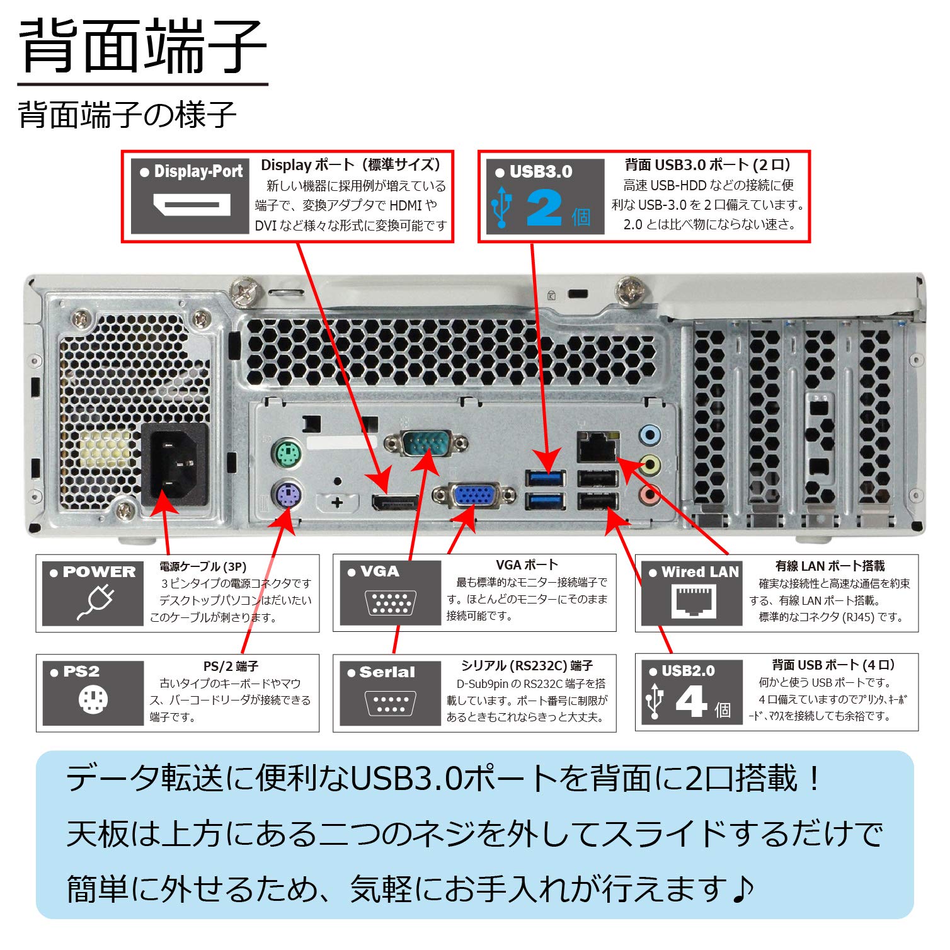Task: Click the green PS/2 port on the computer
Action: point(287,453)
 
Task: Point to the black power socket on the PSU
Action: point(175,465)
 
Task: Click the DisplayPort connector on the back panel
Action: point(395,503)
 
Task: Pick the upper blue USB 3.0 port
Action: point(546,478)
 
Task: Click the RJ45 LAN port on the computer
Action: point(595,448)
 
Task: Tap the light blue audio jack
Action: point(650,435)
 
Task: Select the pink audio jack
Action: point(650,495)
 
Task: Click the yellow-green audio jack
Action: point(650,465)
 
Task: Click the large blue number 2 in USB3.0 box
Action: point(544,209)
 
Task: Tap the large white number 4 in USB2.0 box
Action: point(691,701)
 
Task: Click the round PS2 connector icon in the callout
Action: point(93,700)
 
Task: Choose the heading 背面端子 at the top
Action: point(143,47)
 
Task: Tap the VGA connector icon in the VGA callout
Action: point(391,603)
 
